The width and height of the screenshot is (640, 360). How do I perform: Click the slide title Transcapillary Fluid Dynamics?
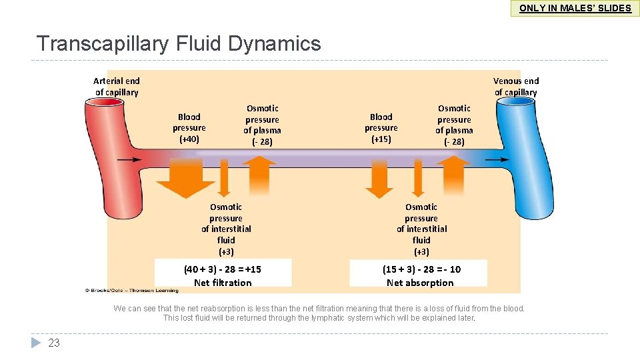coord(179,44)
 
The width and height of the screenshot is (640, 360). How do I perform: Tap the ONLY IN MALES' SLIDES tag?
coord(575,8)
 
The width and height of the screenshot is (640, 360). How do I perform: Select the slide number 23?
coord(54,343)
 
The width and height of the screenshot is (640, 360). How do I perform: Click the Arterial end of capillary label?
coord(117,87)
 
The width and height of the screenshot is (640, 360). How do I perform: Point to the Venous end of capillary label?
coord(515,87)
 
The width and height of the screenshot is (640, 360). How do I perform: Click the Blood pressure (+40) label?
coord(189,127)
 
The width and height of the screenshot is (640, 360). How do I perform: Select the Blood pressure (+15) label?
coord(381,127)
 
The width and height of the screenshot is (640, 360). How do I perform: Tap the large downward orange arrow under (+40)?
coord(185,178)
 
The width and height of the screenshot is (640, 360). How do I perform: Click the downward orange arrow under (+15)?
coord(380,179)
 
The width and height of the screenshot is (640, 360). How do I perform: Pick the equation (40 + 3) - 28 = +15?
coord(223,269)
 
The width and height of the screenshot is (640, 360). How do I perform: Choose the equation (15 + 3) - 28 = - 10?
coord(421,269)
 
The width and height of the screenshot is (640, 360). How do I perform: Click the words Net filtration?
coord(223,283)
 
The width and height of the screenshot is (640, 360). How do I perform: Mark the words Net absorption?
coord(420,283)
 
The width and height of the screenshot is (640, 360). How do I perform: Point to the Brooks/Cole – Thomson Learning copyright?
coord(131,291)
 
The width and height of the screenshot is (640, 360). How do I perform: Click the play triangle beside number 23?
coord(36,343)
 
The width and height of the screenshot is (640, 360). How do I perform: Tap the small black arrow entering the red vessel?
coord(129,160)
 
